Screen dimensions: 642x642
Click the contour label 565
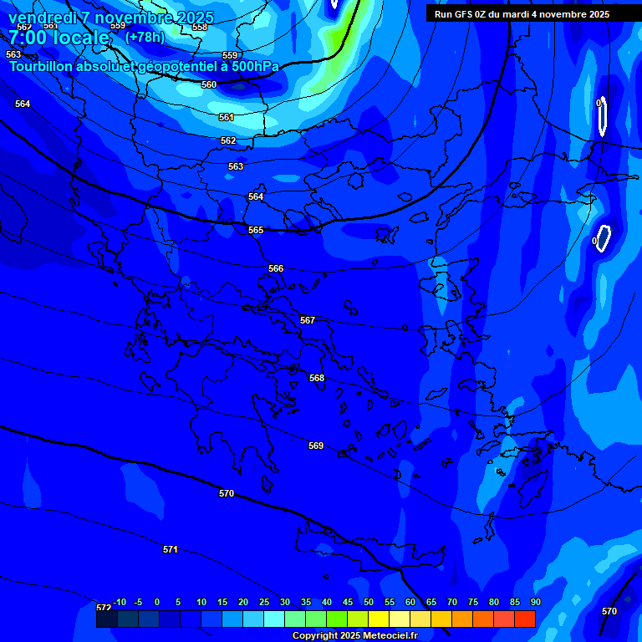256,230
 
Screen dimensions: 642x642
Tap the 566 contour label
276,268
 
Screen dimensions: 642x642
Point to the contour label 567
308,320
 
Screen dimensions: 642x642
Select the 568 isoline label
317,378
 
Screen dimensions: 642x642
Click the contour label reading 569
316,446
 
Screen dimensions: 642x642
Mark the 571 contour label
171,549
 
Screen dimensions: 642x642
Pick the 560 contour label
209,84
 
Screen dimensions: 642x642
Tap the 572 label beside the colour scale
104,608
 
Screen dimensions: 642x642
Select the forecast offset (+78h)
145,38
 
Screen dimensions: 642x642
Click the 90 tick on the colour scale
535,602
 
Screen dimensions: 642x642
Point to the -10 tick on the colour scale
120,602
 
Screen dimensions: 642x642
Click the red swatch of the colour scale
525,619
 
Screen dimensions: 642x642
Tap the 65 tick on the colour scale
431,602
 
